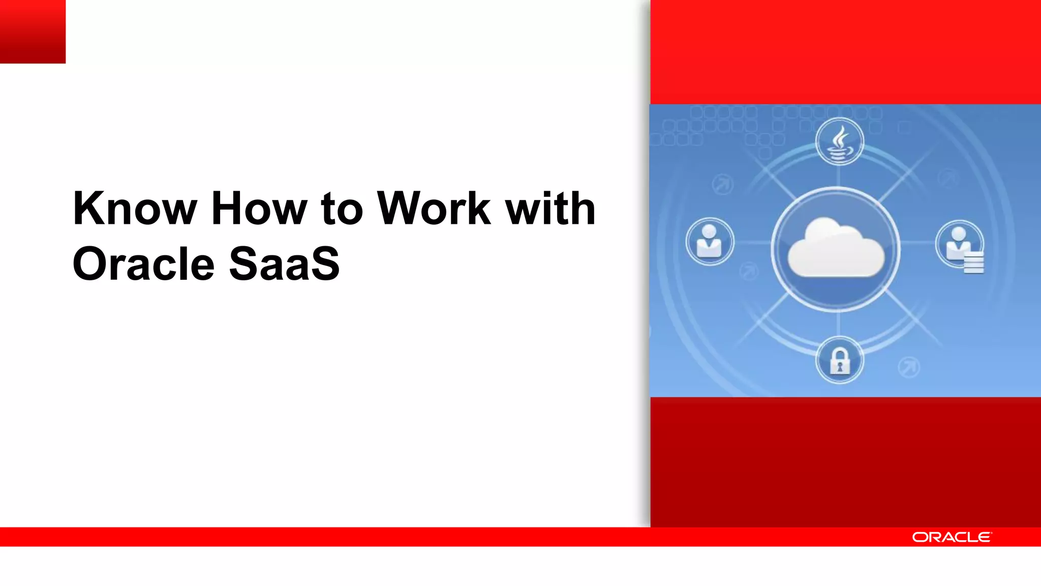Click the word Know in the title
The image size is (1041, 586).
135,209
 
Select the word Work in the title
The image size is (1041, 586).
434,209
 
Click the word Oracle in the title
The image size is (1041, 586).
144,264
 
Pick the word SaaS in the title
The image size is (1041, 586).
284,264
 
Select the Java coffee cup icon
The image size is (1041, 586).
839,141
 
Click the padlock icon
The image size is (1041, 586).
840,360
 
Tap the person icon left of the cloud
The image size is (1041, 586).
710,242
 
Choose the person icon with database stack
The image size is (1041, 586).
959,243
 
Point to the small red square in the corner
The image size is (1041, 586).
33,32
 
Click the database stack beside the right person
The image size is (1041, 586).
973,263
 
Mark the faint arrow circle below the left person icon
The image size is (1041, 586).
748,271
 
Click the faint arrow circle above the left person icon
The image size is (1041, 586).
722,184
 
